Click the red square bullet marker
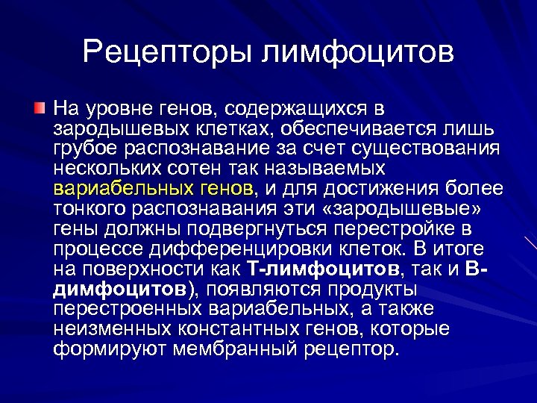[39, 110]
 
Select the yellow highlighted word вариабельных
[112, 187]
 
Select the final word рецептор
[354, 349]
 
